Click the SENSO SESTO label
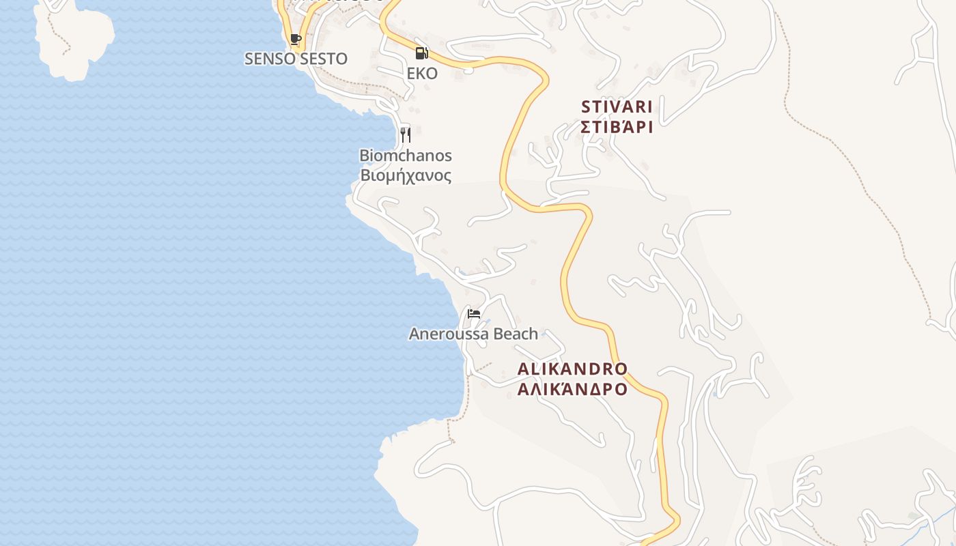pos(296,59)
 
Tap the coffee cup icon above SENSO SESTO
pos(295,40)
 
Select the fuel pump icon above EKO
pos(422,53)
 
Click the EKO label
pos(422,73)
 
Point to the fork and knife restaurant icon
pos(406,134)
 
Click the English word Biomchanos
pos(406,156)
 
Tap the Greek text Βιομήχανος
pos(406,175)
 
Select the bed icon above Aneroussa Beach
pos(474,314)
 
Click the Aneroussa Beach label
pos(473,334)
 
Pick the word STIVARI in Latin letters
pos(617,107)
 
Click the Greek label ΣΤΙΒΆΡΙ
pos(617,127)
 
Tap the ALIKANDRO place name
pos(572,369)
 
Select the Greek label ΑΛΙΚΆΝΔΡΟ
pos(572,390)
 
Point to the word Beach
pos(516,334)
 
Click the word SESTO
pos(324,59)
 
